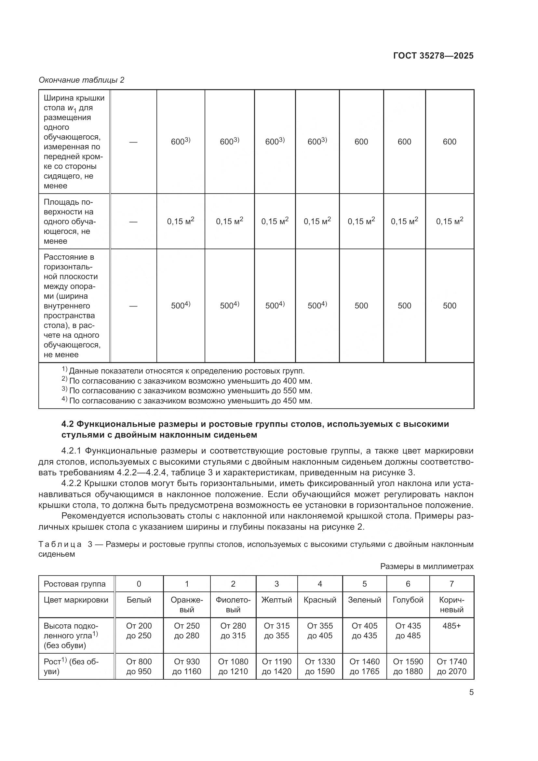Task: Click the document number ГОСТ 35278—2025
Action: pos(433,56)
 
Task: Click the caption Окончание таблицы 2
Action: pos(81,80)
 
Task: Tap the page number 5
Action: pos(471,692)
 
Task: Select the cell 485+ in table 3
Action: pos(451,626)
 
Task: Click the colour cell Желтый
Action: pos(276,600)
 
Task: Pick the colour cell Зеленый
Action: pos(364,600)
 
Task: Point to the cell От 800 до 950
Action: pos(139,667)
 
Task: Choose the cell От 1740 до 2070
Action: pos(451,667)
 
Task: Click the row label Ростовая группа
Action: pos(74,584)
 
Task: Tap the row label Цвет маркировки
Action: pos(76,600)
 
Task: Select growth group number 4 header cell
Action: pos(320,584)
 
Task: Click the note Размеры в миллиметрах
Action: pos(427,566)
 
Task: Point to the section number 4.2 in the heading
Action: pos(68,424)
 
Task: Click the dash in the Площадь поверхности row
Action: pos(133,222)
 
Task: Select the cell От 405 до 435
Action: pos(364,631)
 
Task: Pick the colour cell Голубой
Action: pos(408,600)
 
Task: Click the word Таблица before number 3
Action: pos(60,545)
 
